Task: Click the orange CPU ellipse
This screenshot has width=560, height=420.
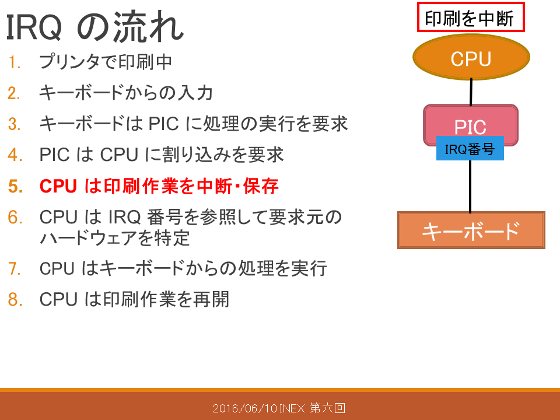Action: (x=471, y=57)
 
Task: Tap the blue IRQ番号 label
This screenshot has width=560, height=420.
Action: (x=470, y=148)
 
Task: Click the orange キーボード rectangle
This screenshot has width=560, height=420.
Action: (x=471, y=230)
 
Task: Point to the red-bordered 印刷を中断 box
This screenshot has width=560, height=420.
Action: (x=471, y=17)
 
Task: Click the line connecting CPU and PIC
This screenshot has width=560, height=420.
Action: (x=471, y=92)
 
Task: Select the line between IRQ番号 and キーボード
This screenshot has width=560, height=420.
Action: (x=470, y=186)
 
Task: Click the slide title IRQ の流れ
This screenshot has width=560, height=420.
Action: (x=94, y=27)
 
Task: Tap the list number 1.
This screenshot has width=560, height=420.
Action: (x=14, y=62)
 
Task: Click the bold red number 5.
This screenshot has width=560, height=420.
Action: (x=15, y=187)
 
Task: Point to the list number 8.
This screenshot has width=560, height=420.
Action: (x=15, y=299)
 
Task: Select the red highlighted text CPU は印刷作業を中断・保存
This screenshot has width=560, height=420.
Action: (x=159, y=186)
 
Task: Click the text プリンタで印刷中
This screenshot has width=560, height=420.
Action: (x=106, y=62)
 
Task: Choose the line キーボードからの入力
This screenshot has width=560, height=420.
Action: (x=126, y=93)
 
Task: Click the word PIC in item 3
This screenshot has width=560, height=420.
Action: (x=163, y=124)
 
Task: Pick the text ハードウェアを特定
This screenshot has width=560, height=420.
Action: (x=115, y=238)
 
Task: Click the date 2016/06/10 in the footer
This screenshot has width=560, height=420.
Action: (x=245, y=408)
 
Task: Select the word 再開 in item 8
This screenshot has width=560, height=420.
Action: (x=211, y=299)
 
